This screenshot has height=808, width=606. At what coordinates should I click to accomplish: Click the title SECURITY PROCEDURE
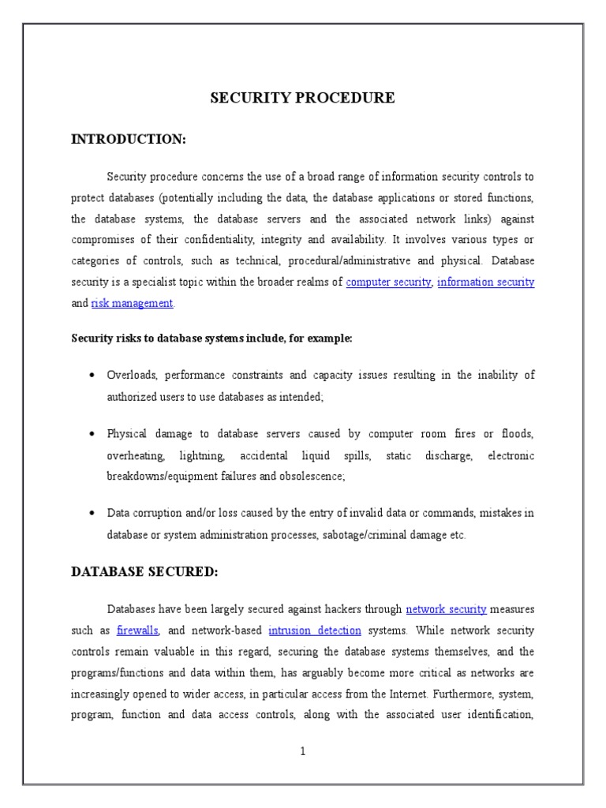[302, 99]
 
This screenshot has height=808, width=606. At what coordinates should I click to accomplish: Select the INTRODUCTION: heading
[129, 140]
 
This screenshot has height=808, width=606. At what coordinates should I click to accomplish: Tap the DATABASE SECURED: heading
[144, 572]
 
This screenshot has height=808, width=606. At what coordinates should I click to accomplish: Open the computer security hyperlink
[389, 282]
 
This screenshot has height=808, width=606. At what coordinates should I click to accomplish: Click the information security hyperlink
[486, 282]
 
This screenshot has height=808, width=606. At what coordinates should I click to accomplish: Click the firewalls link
[138, 630]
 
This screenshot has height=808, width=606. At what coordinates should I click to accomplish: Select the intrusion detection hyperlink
[315, 630]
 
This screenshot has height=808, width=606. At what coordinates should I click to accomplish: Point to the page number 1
[302, 752]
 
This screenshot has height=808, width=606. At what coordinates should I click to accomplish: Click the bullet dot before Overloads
[93, 376]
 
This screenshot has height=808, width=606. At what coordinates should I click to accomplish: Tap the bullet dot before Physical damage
[93, 435]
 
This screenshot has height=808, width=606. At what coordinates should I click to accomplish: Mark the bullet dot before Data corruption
[93, 514]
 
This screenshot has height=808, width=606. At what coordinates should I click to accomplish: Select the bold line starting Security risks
[212, 339]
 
